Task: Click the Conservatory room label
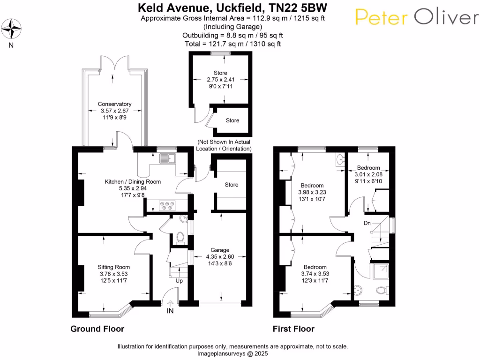[x=114, y=104]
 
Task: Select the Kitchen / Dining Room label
[x=133, y=181]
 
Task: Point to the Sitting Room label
[x=114, y=267]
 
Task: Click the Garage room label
[x=220, y=250]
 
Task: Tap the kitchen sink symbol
[x=166, y=159]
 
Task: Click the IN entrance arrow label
[x=170, y=311]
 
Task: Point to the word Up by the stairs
[x=180, y=281]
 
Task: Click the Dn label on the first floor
[x=367, y=223]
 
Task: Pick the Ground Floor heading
[x=97, y=329]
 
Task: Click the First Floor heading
[x=293, y=329]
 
